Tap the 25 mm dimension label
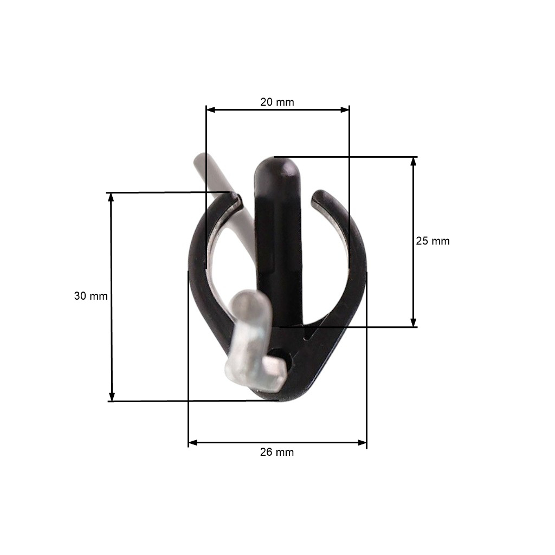pos(433,241)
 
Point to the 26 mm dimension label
pos(277,452)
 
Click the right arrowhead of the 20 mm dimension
pos(345,110)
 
